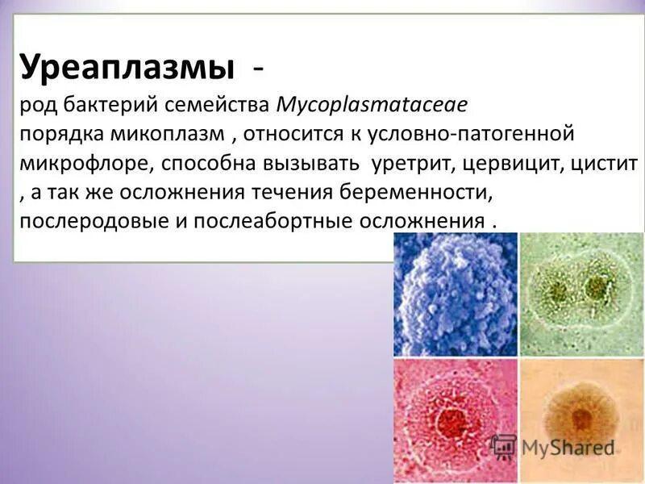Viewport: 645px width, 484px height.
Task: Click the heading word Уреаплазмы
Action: (129, 66)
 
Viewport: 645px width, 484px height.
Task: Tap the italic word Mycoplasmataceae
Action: (372, 104)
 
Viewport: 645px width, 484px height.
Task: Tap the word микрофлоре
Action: (85, 163)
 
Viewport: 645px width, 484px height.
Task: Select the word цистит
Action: (601, 163)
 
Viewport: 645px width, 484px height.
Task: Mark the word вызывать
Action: (310, 163)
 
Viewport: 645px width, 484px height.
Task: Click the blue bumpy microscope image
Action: (455, 294)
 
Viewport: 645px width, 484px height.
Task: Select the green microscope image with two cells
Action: (581, 294)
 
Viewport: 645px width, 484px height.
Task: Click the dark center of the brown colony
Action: (580, 417)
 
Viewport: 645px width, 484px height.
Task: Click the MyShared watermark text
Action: (568, 447)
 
